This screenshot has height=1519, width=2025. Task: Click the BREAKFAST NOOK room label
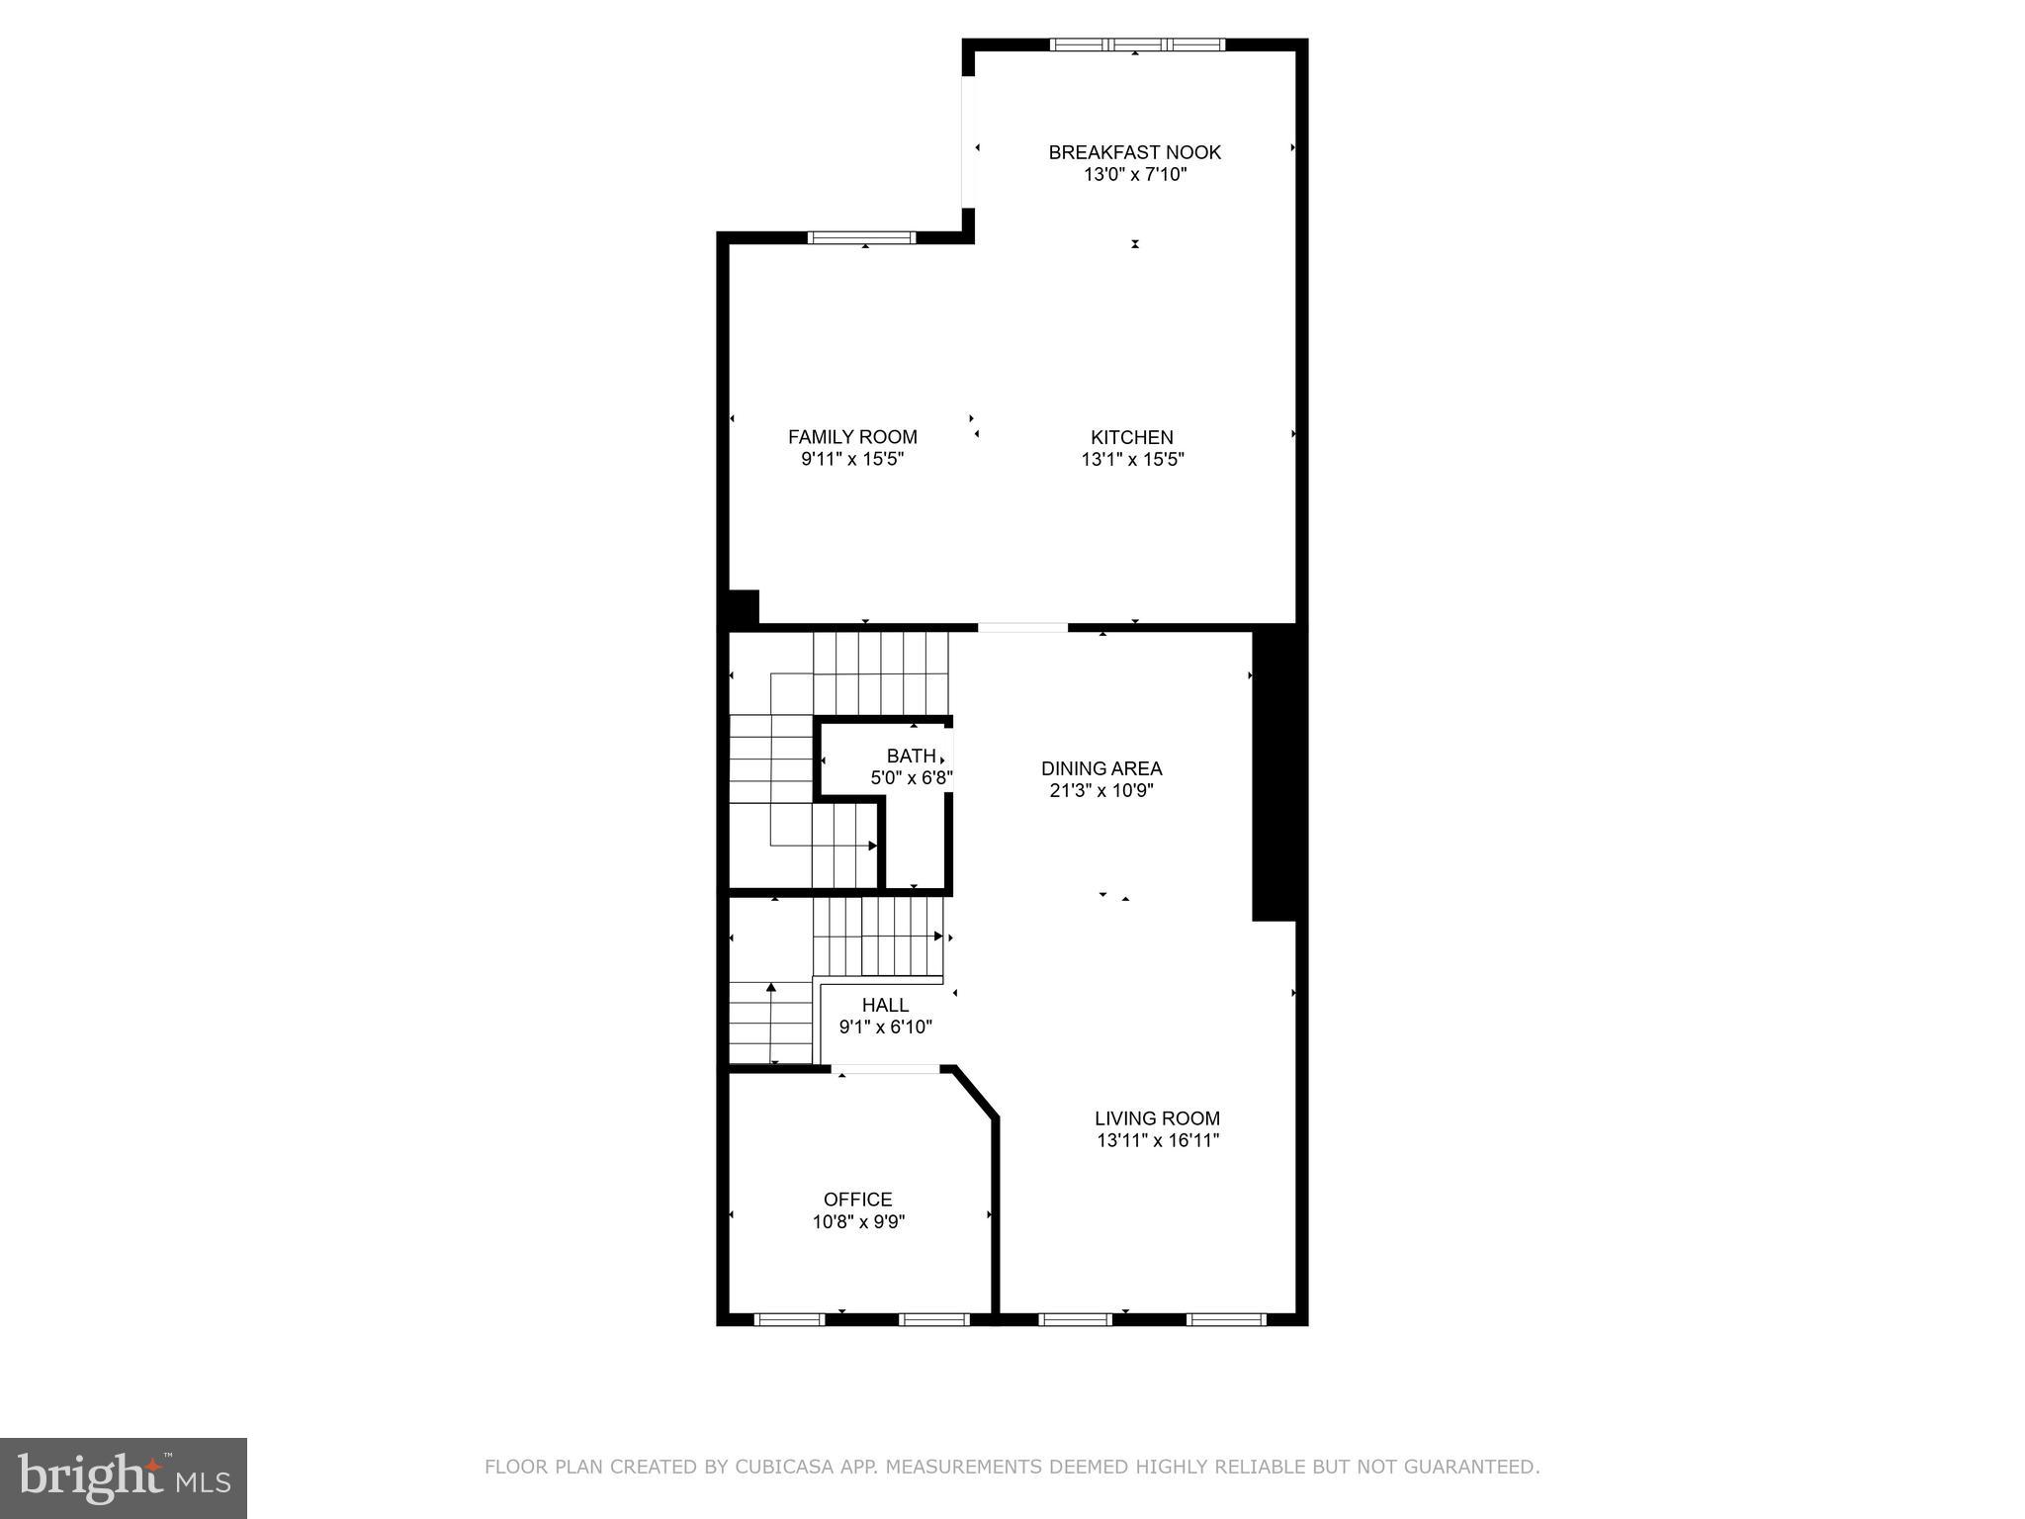(1134, 152)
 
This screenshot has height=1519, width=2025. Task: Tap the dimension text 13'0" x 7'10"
(1134, 175)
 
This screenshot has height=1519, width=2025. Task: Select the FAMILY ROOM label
(852, 437)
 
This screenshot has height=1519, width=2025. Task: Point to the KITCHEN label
(1132, 437)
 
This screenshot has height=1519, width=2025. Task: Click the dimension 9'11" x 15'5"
(852, 460)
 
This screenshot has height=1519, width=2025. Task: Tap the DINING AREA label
(1101, 768)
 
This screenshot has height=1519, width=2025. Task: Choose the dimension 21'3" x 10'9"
(1101, 791)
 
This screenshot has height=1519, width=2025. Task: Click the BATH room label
(911, 757)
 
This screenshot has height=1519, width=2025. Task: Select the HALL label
(885, 1005)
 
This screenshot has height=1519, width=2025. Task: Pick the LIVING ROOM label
(1157, 1118)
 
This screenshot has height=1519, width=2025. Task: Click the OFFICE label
(858, 1200)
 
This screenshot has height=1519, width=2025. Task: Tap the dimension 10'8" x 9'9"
(858, 1222)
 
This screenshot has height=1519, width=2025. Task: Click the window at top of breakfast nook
(1137, 45)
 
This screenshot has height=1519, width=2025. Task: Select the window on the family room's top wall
(861, 237)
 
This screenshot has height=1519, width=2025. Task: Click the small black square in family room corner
(743, 606)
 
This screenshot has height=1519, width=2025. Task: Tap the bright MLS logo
(124, 1478)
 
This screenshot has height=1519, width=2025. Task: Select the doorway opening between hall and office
(886, 1069)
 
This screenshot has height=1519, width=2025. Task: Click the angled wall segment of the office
(975, 1094)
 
